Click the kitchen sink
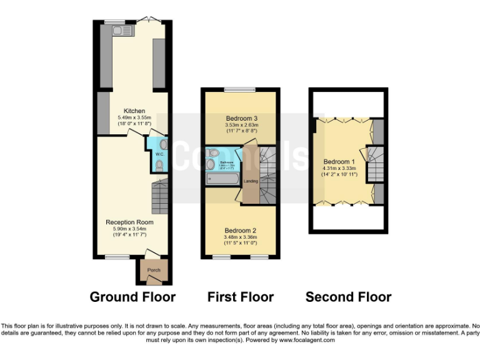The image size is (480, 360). pos(121,29)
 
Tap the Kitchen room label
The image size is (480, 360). pos(134,110)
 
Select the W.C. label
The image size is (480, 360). pos(159,154)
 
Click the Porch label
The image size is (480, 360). pos(154,270)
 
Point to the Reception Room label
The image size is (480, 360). pos(129,222)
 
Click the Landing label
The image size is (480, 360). pos(251,181)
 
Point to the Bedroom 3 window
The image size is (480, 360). pos(240,90)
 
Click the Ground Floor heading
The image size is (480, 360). pos(132,297)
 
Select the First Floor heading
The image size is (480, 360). pos(241,297)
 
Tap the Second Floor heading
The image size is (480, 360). pos(348,297)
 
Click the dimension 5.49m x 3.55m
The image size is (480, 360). pos(134,117)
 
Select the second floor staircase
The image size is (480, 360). pos(374,164)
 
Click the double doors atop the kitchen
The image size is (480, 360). pos(149,20)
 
